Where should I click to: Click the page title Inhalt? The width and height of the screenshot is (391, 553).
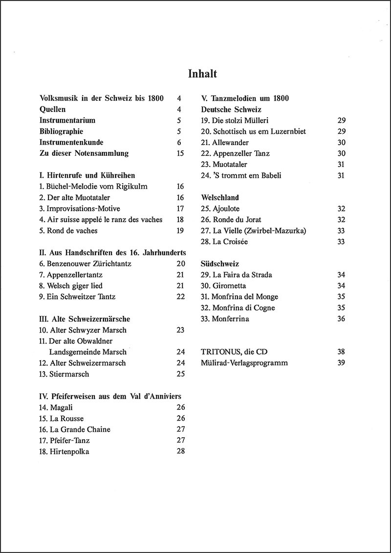[202, 74]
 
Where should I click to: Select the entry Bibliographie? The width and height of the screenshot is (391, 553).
[61, 131]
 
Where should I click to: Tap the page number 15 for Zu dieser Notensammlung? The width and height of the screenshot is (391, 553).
[180, 153]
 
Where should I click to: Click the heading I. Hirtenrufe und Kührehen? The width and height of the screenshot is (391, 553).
[87, 175]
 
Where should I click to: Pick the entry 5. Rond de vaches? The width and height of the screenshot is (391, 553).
[68, 231]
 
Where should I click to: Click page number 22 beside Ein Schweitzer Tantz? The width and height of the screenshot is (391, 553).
[180, 297]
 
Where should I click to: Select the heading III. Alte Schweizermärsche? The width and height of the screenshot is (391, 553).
[85, 319]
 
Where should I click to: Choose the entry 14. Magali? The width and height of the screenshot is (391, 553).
[57, 407]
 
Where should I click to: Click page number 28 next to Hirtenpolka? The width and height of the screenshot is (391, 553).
[180, 451]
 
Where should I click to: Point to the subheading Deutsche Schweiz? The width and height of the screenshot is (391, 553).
[231, 109]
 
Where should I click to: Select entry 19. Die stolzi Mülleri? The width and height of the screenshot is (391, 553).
[235, 120]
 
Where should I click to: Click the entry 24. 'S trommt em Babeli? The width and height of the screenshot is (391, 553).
[241, 175]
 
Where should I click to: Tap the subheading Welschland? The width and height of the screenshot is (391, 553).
[220, 198]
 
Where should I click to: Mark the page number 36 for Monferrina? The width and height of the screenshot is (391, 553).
[341, 319]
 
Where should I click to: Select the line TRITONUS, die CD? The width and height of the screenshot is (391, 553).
[234, 352]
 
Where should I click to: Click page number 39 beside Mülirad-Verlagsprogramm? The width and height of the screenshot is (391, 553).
[341, 363]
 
